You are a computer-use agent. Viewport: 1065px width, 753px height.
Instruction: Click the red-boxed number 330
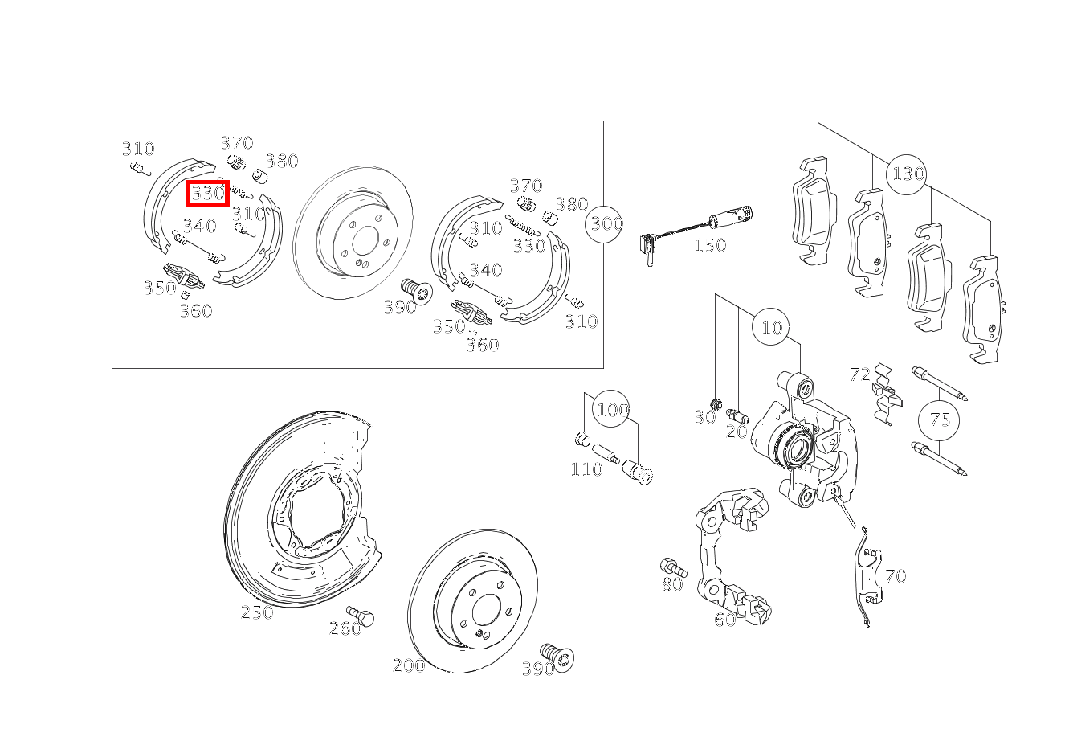point(207,193)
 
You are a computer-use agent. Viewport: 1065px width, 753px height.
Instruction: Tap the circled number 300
point(605,223)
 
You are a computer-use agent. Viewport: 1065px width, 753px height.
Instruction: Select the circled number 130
point(907,174)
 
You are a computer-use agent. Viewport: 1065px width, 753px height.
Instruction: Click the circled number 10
point(772,327)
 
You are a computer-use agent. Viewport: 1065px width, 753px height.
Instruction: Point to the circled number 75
point(939,420)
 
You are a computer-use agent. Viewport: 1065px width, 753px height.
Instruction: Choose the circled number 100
point(612,409)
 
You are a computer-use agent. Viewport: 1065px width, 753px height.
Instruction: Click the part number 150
point(710,245)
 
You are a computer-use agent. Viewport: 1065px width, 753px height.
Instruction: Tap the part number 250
point(257,612)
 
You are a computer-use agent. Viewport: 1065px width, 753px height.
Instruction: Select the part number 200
point(409,665)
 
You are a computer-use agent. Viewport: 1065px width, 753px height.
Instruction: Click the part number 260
point(345,629)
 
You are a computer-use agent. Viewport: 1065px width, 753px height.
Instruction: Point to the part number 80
point(672,584)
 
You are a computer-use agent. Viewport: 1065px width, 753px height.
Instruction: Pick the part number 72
point(860,374)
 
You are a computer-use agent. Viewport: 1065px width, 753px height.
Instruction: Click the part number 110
point(586,470)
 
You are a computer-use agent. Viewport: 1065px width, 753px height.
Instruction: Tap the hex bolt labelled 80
point(673,567)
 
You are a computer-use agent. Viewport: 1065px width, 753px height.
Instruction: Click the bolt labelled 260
point(361,616)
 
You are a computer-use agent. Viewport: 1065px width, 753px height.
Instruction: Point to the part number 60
point(724,620)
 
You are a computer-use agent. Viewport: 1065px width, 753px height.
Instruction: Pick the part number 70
point(896,576)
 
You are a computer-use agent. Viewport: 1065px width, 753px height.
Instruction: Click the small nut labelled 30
point(716,404)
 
